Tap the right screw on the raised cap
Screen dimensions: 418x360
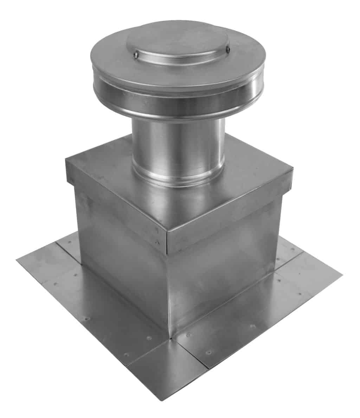coord(228,50)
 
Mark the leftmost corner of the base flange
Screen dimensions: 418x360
coord(17,260)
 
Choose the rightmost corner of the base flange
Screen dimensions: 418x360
coord(341,273)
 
